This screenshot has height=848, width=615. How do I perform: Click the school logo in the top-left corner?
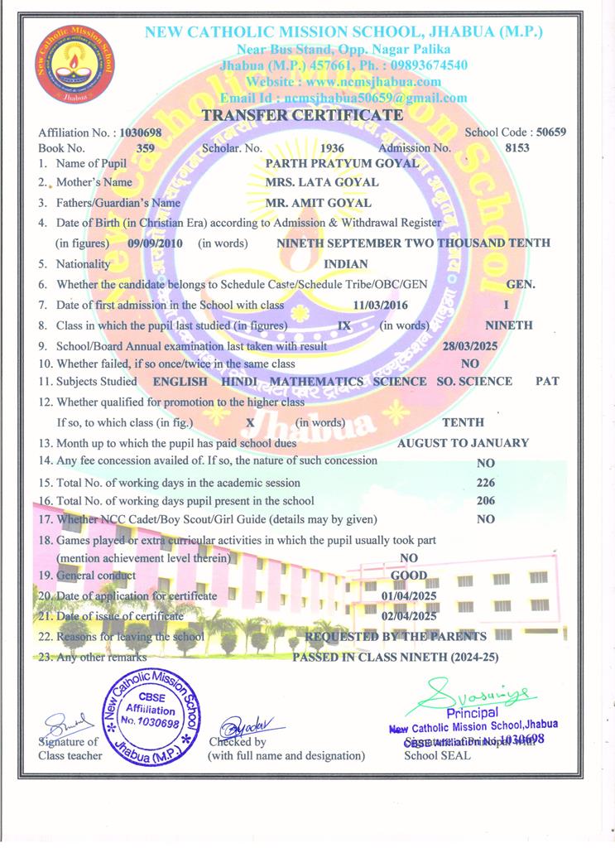pyautogui.click(x=74, y=65)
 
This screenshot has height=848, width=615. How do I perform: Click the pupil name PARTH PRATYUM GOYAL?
pyautogui.click(x=341, y=163)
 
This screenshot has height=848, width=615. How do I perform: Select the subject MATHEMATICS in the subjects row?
pyautogui.click(x=317, y=382)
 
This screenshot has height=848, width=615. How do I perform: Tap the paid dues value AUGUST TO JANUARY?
pyautogui.click(x=463, y=443)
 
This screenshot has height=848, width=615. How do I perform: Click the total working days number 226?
pyautogui.click(x=487, y=482)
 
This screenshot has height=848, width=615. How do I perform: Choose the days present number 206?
pyautogui.click(x=487, y=501)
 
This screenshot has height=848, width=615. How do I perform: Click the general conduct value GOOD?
pyautogui.click(x=409, y=576)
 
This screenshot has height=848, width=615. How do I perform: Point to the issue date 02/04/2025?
pyautogui.click(x=409, y=616)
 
